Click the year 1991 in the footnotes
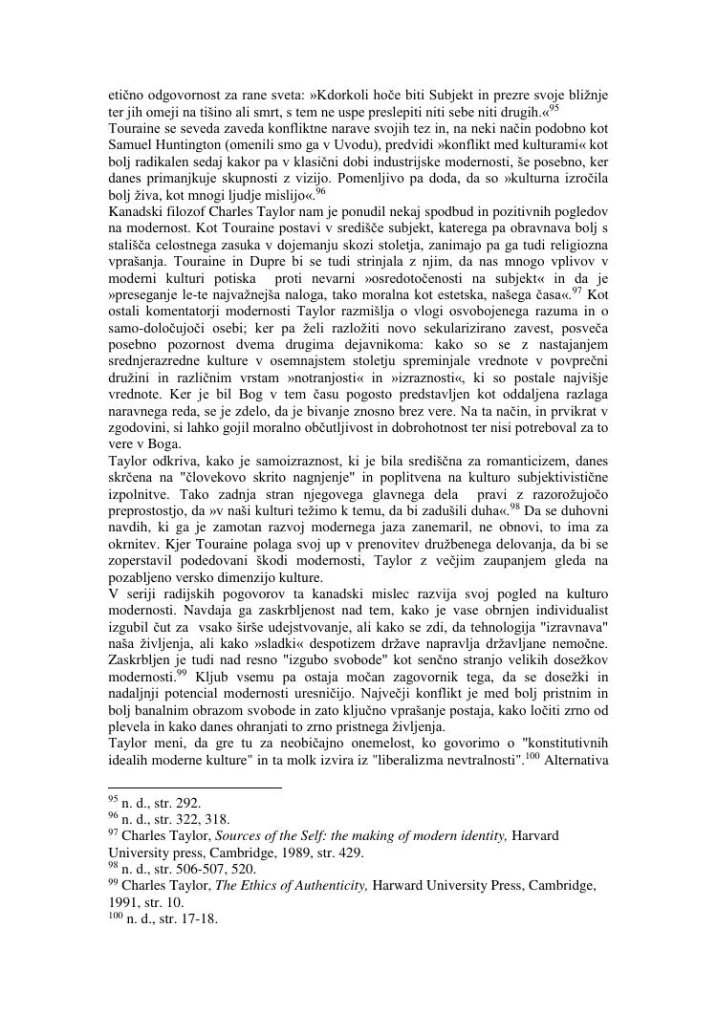point(128,902)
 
